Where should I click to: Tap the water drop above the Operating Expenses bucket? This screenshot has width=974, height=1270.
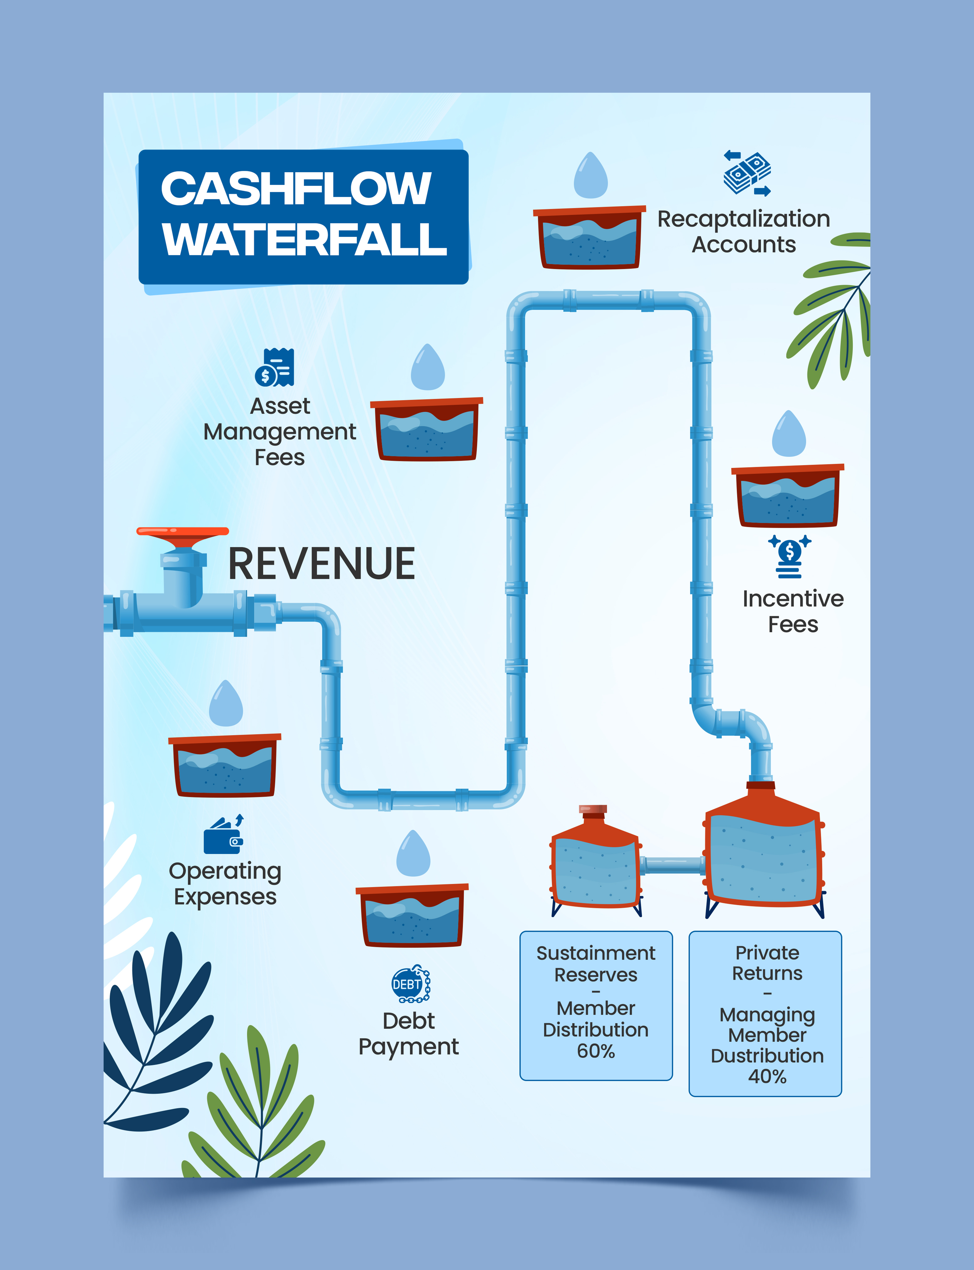pyautogui.click(x=225, y=703)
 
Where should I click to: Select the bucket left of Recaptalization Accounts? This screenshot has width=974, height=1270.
pyautogui.click(x=589, y=238)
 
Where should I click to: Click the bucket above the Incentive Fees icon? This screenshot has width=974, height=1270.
pyautogui.click(x=787, y=496)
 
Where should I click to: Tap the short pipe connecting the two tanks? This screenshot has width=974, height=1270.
pyautogui.click(x=673, y=865)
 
